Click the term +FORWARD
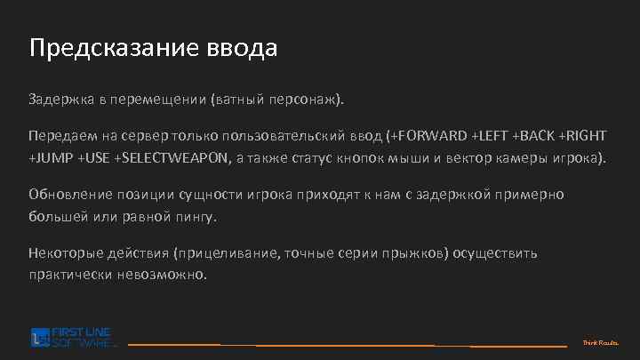(430, 136)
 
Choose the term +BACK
(536, 136)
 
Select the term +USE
(95, 158)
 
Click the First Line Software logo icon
(38, 337)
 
